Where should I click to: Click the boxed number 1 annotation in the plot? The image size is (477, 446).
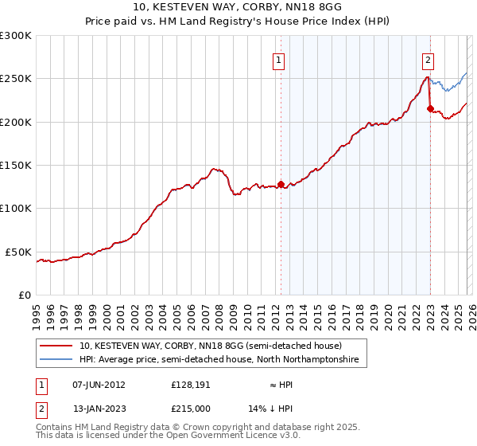[280, 58]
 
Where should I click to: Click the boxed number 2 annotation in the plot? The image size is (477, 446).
[429, 58]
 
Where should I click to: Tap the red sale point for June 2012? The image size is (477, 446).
[281, 184]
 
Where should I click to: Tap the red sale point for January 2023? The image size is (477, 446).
[430, 109]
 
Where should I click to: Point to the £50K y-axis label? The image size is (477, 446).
[18, 252]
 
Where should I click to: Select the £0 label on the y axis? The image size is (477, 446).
[24, 295]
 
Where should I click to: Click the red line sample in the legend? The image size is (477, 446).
[57, 346]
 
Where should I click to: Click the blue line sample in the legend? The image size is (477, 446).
[57, 360]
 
